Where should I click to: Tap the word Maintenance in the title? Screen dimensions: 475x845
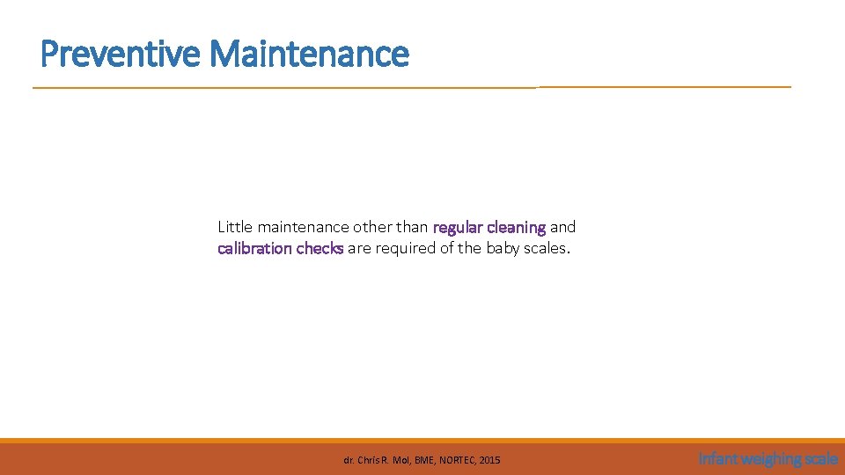(x=309, y=54)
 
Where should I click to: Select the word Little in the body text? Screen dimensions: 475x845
(x=235, y=227)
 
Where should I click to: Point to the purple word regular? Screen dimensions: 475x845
(x=458, y=227)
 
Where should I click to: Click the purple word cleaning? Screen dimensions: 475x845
(x=516, y=227)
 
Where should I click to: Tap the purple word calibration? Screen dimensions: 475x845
(x=254, y=248)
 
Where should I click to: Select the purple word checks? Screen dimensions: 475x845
(x=320, y=248)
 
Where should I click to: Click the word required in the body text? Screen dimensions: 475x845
(x=405, y=248)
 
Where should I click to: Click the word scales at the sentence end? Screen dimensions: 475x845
(x=547, y=248)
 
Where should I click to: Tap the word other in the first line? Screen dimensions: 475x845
(x=372, y=227)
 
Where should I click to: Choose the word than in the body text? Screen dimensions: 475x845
(x=413, y=227)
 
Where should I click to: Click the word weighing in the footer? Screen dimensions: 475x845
(x=770, y=458)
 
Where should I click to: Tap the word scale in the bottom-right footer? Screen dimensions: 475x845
(x=821, y=458)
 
